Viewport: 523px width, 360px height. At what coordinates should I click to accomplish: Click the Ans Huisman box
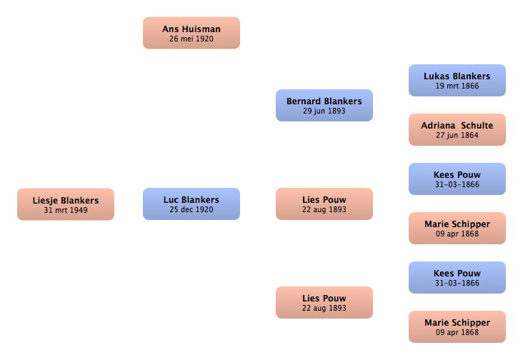[x=191, y=33]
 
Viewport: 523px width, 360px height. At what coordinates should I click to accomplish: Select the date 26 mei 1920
[x=191, y=39]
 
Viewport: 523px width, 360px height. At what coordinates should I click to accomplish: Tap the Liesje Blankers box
[x=66, y=204]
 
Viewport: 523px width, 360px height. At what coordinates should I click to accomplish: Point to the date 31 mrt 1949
[x=66, y=210]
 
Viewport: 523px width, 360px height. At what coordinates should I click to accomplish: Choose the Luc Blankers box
[x=191, y=204]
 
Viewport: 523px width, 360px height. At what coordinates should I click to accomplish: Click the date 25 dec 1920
[x=191, y=209]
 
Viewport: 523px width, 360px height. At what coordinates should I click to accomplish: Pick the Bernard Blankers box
[x=324, y=105]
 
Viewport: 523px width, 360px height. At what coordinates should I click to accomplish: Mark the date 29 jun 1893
[x=324, y=111]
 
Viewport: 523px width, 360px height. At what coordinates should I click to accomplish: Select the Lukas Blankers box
[x=457, y=80]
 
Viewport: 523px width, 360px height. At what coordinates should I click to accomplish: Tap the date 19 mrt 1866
[x=457, y=86]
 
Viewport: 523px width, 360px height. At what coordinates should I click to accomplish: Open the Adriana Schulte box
[x=457, y=130]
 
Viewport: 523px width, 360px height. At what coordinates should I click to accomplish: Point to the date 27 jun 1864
[x=457, y=135]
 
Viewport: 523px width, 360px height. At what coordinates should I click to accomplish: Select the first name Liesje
[x=45, y=201]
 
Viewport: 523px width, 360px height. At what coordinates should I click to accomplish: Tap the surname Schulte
[x=477, y=125]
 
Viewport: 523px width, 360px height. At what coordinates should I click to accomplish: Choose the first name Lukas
[x=437, y=76]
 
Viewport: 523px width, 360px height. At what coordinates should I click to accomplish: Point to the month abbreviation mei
[x=187, y=39]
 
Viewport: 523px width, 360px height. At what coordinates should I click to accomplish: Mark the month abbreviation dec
[x=186, y=209]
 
